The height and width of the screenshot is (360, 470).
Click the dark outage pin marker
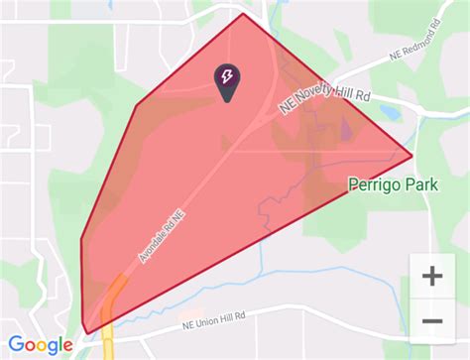click(x=227, y=81)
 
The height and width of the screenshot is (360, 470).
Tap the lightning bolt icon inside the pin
click(x=227, y=76)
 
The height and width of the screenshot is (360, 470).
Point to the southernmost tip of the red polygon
click(x=87, y=332)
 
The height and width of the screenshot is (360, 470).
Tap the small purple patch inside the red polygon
click(x=346, y=130)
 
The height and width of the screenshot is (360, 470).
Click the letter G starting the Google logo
click(x=17, y=343)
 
